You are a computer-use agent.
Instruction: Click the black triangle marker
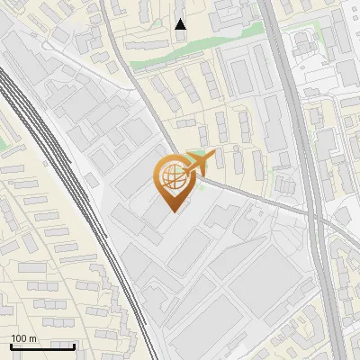pyautogui.click(x=181, y=24)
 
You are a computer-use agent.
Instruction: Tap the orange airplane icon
pyautogui.click(x=200, y=162)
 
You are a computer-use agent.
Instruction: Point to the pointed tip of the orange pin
pyautogui.click(x=173, y=210)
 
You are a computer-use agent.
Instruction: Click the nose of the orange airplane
pyautogui.click(x=213, y=154)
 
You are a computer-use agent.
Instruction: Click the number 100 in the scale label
pyautogui.click(x=20, y=338)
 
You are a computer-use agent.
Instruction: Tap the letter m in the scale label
pyautogui.click(x=33, y=338)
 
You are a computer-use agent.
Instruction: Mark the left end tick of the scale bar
pyautogui.click(x=11, y=346)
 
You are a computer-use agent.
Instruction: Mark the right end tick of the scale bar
pyautogui.click(x=74, y=346)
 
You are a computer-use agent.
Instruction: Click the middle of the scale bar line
pyautogui.click(x=42, y=346)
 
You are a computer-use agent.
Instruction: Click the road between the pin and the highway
pyautogui.click(x=261, y=200)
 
